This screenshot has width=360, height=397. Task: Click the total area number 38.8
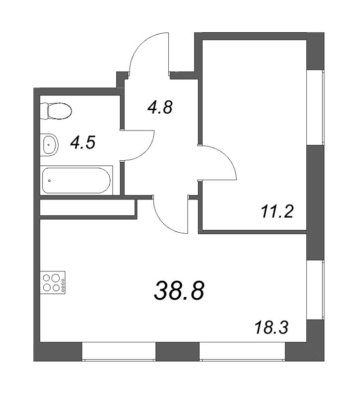[179, 291]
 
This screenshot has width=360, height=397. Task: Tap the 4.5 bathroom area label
[82, 143]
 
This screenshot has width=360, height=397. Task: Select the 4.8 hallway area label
[160, 107]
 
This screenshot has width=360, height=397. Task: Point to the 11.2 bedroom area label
[277, 212]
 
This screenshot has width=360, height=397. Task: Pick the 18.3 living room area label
[272, 328]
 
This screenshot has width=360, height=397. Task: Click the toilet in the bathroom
[56, 111]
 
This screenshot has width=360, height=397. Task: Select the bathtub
[76, 181]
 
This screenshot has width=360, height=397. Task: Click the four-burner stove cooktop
[53, 282]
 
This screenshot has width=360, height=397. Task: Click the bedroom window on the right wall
[316, 107]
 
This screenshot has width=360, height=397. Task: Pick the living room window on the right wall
[316, 289]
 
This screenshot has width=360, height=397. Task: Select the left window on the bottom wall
[119, 352]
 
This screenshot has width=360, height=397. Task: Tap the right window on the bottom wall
[242, 352]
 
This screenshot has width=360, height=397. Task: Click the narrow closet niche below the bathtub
[87, 207]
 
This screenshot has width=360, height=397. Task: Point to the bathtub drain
[49, 180]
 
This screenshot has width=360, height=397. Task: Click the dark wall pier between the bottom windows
[178, 352]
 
